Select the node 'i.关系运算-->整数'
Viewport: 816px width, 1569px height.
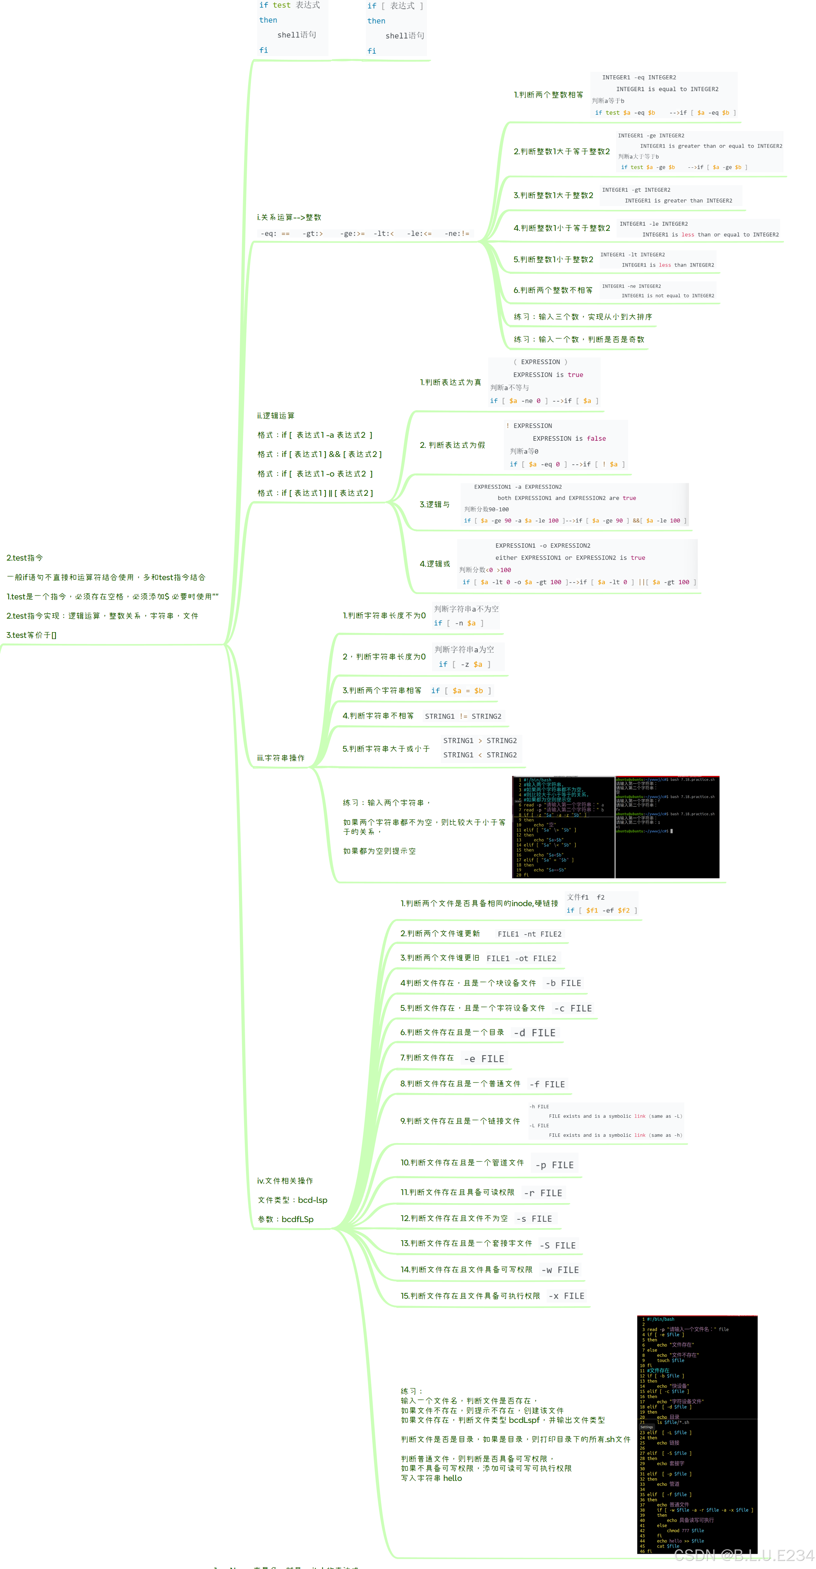coord(289,217)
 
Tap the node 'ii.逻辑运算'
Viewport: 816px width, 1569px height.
coord(275,416)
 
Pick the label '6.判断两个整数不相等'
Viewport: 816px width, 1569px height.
coord(553,291)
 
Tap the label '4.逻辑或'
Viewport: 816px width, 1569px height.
coord(435,564)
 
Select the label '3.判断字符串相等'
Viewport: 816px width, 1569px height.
coord(381,691)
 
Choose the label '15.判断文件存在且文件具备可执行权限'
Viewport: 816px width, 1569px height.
coord(470,1296)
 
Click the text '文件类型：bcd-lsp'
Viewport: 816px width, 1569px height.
coord(292,1200)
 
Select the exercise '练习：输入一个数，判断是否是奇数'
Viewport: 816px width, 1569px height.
coord(579,339)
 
